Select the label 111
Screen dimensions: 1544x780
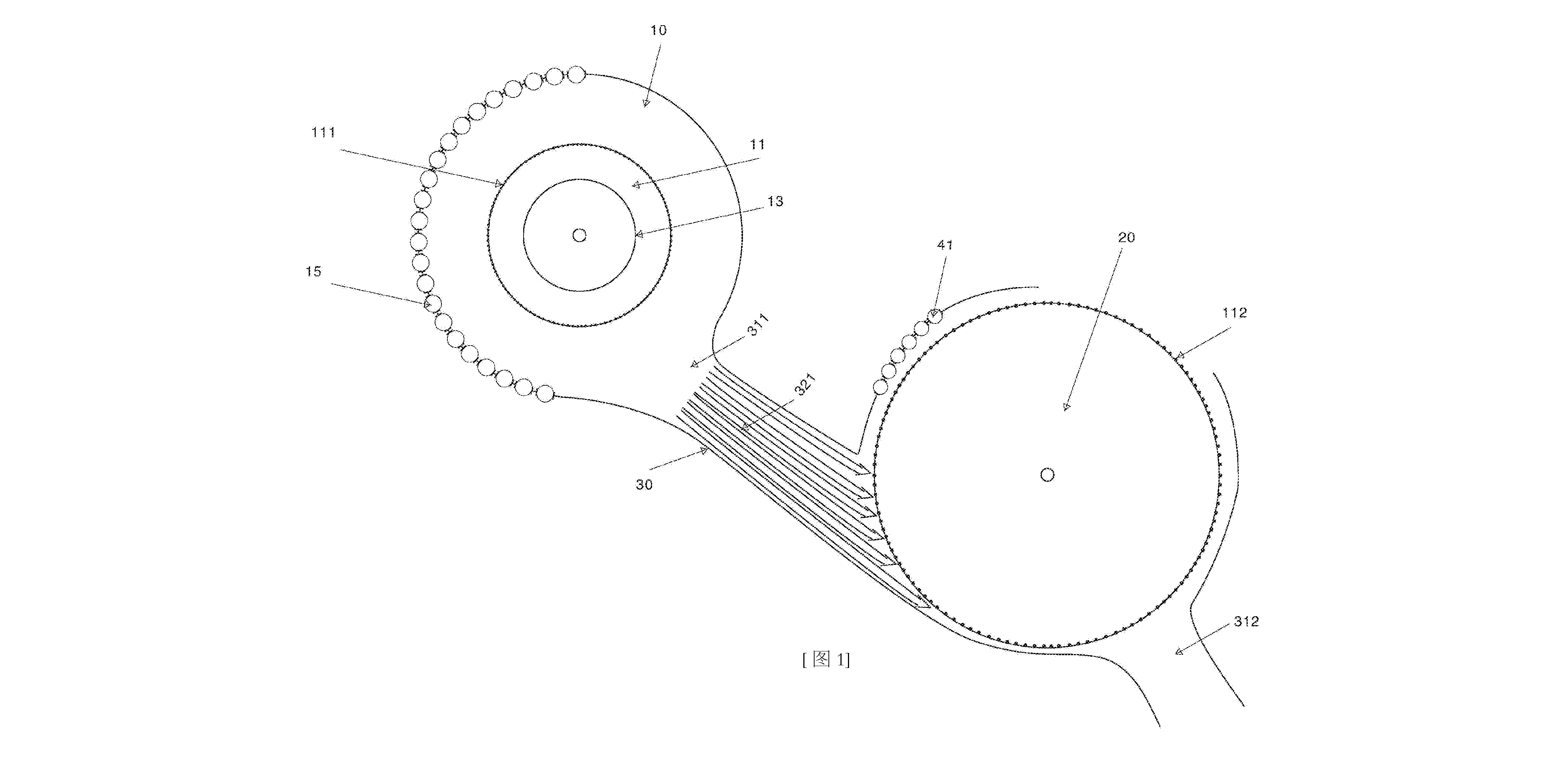tap(323, 132)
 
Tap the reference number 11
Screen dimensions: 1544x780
tap(758, 144)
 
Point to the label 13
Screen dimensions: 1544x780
tap(775, 201)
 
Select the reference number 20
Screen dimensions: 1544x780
tap(1126, 237)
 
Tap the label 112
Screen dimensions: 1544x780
tap(1234, 313)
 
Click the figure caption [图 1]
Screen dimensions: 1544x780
tap(826, 660)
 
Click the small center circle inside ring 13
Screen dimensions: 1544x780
tap(579, 235)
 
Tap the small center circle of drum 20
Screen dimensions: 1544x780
tap(1047, 475)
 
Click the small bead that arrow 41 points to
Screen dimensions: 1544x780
tap(935, 315)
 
